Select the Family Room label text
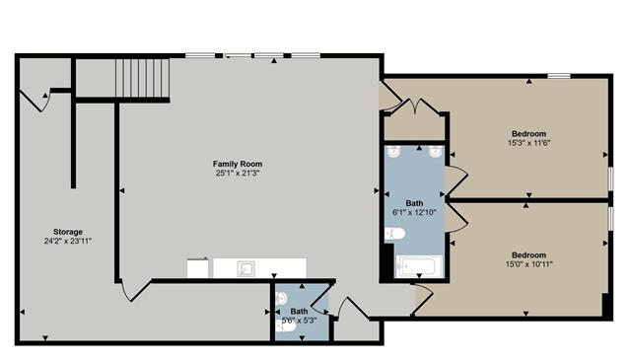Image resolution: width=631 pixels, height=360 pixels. [x=238, y=164]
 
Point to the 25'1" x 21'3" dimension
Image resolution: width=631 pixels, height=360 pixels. [x=238, y=174]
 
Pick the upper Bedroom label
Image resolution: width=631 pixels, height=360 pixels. [x=527, y=134]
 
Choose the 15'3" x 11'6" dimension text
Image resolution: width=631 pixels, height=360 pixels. [x=527, y=144]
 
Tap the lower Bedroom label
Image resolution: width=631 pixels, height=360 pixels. [x=528, y=254]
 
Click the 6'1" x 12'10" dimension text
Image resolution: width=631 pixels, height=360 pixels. [x=413, y=213]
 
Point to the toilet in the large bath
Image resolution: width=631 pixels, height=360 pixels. [x=394, y=234]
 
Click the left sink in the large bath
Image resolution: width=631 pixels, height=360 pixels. [x=394, y=153]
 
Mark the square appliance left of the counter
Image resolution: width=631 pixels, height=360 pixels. [x=198, y=268]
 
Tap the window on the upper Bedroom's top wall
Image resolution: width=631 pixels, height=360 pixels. [x=560, y=76]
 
